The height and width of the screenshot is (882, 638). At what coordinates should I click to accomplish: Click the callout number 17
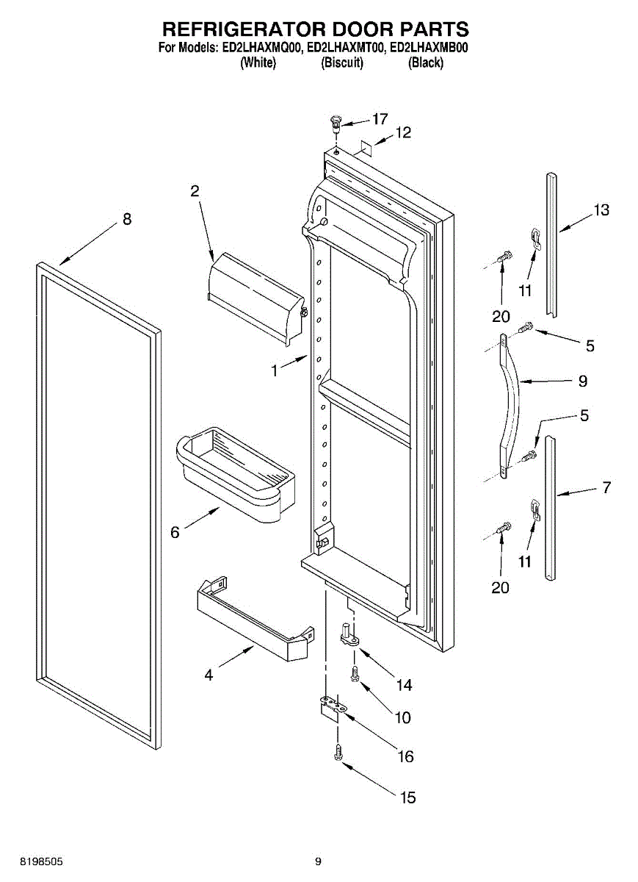[x=380, y=119]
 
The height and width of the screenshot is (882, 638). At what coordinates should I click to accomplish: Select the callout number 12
[x=403, y=132]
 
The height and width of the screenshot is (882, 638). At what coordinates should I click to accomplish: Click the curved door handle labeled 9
[x=512, y=406]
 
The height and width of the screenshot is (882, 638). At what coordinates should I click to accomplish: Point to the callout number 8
[x=127, y=219]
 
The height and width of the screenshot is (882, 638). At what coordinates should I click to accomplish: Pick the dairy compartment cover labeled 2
[x=256, y=298]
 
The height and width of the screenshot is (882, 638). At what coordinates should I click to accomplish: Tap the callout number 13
[x=601, y=210]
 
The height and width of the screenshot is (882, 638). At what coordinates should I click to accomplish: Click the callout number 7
[x=606, y=487]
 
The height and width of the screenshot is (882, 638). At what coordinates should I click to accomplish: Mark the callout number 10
[x=403, y=717]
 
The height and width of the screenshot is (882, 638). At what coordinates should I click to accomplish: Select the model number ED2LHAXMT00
[x=345, y=48]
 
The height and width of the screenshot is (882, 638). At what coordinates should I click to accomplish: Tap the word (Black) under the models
[x=426, y=62]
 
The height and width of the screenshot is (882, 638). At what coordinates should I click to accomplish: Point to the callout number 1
[x=275, y=371]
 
